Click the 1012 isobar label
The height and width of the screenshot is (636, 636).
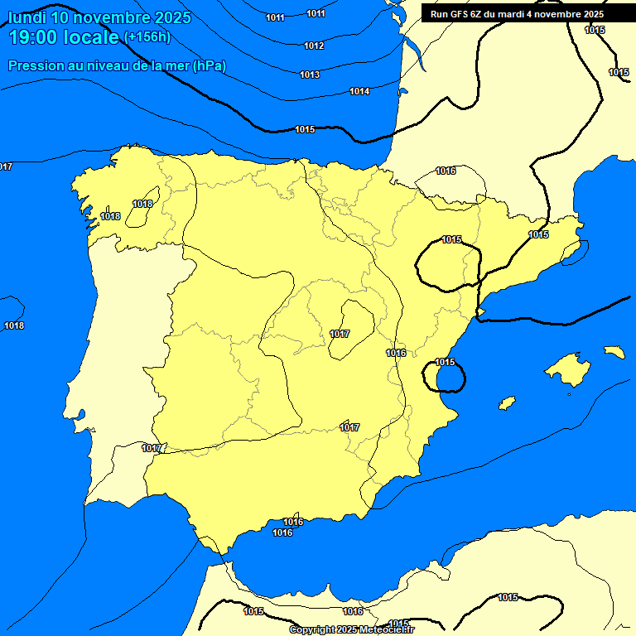pyautogui.click(x=314, y=46)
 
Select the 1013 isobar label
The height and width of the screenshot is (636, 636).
pyautogui.click(x=310, y=75)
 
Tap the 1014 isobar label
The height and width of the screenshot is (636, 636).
pyautogui.click(x=359, y=91)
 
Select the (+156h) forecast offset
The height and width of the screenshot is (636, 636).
pyautogui.click(x=147, y=37)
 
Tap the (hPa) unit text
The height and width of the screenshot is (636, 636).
pyautogui.click(x=210, y=65)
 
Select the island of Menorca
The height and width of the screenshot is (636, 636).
pyautogui.click(x=614, y=352)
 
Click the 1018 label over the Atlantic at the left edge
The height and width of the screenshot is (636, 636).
pyautogui.click(x=14, y=325)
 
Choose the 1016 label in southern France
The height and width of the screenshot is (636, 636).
pyautogui.click(x=446, y=171)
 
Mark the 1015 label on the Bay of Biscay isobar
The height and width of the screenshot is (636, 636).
pyautogui.click(x=305, y=129)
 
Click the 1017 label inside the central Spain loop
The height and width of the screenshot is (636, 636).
pyautogui.click(x=340, y=334)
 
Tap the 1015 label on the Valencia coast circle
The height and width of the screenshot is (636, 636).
pyautogui.click(x=446, y=362)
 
